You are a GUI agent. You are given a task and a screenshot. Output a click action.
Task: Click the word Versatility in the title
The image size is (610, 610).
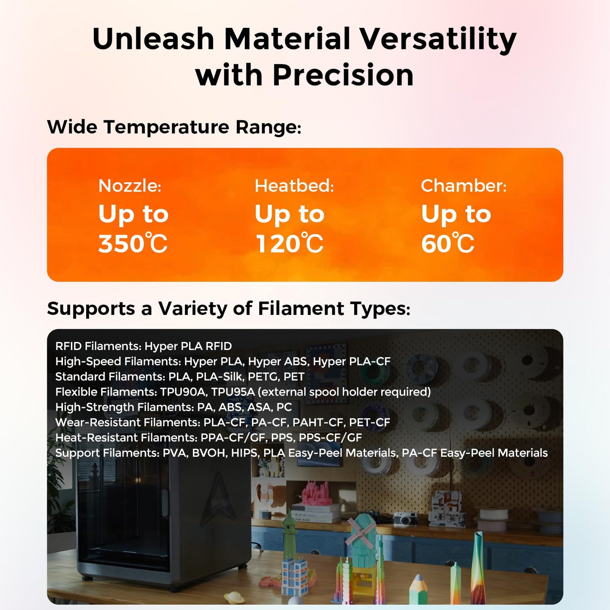click(438, 39)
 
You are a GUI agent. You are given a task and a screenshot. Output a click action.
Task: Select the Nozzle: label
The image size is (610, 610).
click(130, 186)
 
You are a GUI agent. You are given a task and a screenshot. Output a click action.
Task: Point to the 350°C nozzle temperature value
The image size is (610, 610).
click(133, 244)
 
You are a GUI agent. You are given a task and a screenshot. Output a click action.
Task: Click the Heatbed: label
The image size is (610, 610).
click(294, 186)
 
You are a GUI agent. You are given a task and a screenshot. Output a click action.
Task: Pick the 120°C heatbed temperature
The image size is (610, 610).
click(289, 244)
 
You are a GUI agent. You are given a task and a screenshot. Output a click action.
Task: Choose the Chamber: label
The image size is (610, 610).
click(463, 186)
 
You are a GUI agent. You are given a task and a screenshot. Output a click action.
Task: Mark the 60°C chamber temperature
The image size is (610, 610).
click(447, 244)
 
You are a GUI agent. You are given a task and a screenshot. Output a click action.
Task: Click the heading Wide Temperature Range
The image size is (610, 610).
click(174, 127)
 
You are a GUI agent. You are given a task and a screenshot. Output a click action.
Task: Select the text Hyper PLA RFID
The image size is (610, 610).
click(188, 346)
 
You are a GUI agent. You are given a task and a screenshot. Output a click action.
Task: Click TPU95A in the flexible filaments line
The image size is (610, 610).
click(233, 392)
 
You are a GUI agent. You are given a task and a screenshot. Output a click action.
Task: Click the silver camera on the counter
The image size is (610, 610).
click(405, 518)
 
